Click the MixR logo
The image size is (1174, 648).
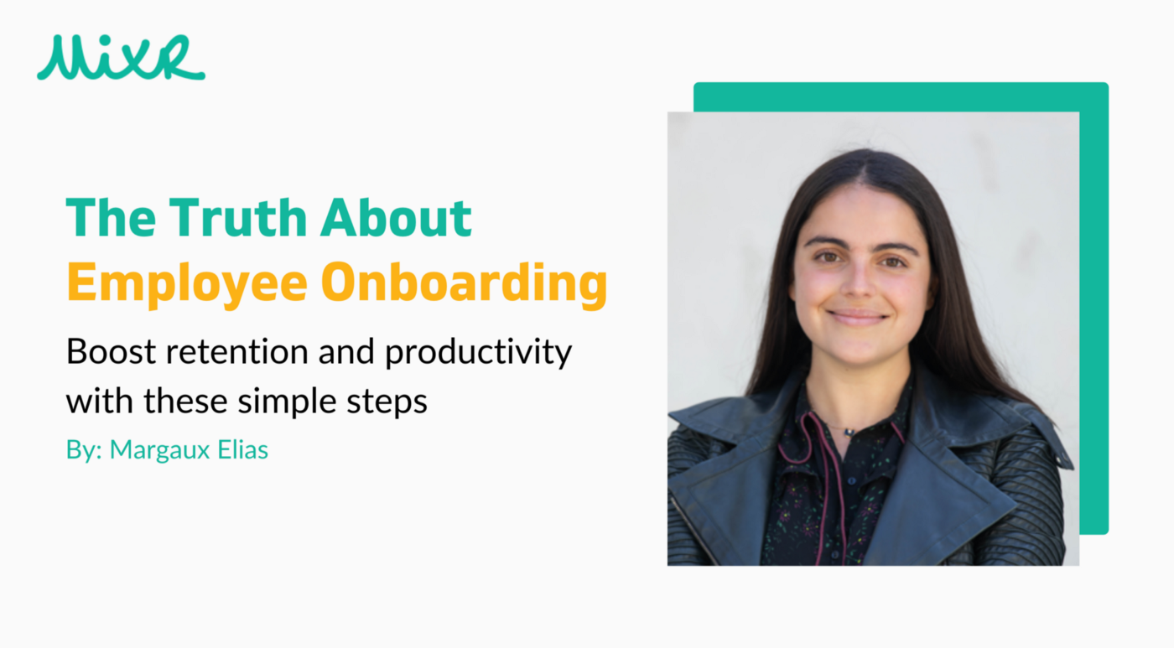coord(121,57)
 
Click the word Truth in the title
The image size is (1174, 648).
coord(238,217)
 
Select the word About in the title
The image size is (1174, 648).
coord(396,217)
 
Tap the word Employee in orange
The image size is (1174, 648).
coord(186,283)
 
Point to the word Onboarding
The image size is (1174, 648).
coord(464,283)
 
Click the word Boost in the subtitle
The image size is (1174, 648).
coord(111,351)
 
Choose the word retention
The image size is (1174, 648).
coord(236,351)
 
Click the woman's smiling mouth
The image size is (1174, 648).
coord(857,317)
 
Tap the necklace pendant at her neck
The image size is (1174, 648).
coord(849,433)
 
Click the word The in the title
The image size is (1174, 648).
coord(111,217)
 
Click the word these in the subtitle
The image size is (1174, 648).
coord(185,402)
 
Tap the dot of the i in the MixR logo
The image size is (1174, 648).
coord(106,40)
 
